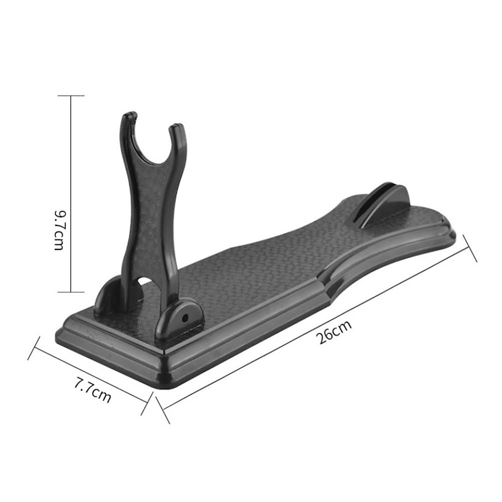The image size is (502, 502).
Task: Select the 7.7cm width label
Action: point(92,390)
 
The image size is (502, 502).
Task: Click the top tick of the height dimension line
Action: point(71,96)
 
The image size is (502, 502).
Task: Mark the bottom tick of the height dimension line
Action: point(71,292)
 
